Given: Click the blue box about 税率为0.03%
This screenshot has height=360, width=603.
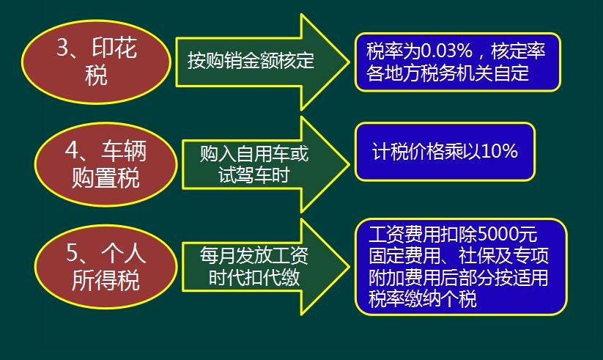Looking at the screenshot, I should click(459, 62).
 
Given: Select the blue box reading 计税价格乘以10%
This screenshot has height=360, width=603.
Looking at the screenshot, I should click(445, 152).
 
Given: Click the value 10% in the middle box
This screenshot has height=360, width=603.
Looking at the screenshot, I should click(500, 152).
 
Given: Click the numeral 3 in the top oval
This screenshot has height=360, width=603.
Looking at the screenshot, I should click(62, 48).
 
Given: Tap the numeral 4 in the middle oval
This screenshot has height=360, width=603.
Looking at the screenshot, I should click(72, 150).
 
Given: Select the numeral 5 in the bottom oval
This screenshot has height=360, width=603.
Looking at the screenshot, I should click(72, 253).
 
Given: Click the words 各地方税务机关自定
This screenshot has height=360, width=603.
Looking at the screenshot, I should click(447, 73).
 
